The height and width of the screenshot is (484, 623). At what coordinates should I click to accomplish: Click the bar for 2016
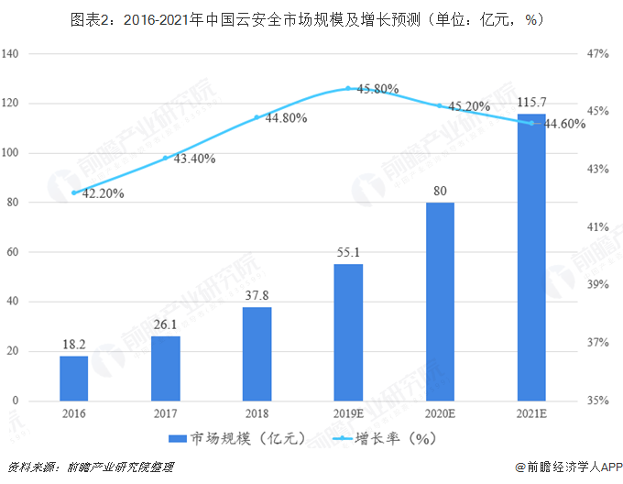click(74, 378)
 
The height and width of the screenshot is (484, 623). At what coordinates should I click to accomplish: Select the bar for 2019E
click(348, 332)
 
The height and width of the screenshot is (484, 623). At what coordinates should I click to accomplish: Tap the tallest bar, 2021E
click(530, 258)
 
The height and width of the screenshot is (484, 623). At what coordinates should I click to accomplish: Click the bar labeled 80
click(440, 302)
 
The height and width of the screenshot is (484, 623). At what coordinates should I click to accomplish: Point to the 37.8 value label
click(257, 294)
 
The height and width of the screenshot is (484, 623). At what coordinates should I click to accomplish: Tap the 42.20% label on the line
click(103, 193)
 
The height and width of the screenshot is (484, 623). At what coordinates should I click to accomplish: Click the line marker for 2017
click(166, 158)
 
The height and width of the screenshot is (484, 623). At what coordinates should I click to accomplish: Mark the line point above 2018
click(257, 117)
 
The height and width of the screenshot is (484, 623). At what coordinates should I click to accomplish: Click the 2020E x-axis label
click(440, 413)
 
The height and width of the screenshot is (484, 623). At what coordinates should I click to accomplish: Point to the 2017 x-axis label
click(166, 413)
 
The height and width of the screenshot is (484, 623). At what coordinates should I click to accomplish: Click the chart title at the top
click(311, 18)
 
